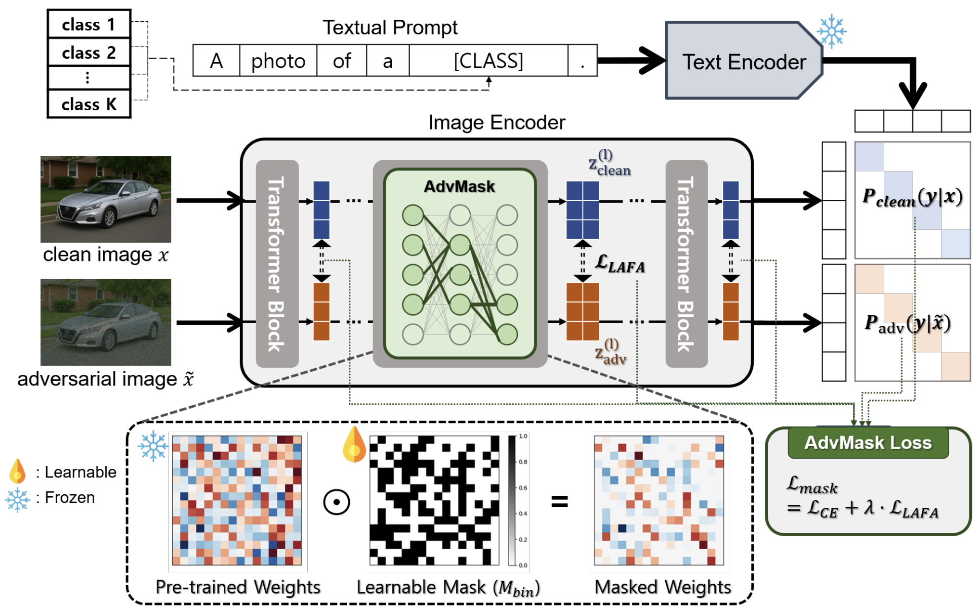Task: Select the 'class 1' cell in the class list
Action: (89, 24)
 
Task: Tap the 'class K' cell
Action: (89, 104)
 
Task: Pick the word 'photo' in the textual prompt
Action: (278, 61)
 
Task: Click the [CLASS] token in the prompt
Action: (488, 61)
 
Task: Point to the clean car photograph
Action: (106, 199)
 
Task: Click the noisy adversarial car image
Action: (106, 322)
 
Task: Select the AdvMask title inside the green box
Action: (459, 187)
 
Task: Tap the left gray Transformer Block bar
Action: (277, 264)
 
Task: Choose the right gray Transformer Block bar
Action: (686, 264)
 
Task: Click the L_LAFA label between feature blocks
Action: (620, 264)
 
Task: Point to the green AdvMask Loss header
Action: (868, 443)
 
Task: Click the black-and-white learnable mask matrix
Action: (434, 500)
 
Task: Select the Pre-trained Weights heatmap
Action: (237, 500)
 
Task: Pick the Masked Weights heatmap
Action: (659, 500)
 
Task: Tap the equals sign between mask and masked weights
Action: (559, 502)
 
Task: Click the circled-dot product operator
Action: (337, 502)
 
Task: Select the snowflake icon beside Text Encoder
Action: (832, 31)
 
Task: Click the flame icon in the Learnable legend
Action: (18, 471)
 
